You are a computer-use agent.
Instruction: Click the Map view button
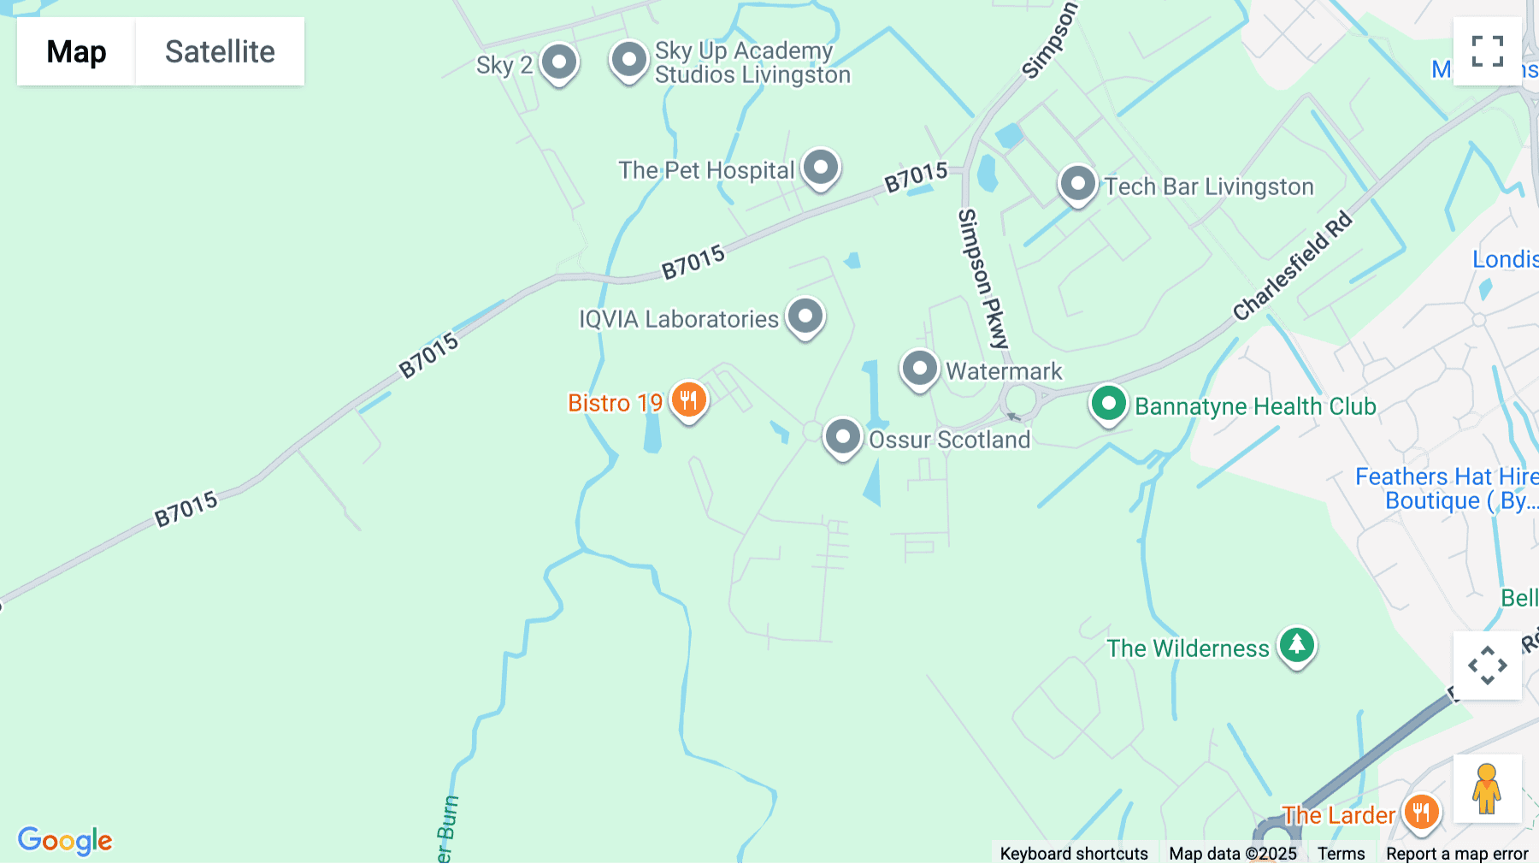coord(76,51)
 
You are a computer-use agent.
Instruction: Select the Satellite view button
coord(220,51)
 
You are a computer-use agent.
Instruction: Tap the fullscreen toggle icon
coord(1487,51)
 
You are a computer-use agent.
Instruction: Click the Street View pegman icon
coord(1487,788)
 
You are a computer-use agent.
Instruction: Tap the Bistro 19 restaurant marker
coord(688,399)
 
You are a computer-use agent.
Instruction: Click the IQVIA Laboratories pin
coord(805,316)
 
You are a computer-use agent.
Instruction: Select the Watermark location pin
coord(919,369)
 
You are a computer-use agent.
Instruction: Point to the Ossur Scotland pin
coord(842,437)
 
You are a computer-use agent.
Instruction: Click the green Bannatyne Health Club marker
coord(1108,403)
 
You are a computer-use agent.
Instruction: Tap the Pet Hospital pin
coord(821,167)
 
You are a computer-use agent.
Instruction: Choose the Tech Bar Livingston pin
coord(1077,184)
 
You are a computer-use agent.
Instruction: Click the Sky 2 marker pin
coord(559,62)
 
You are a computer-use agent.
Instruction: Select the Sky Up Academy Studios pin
coord(629,61)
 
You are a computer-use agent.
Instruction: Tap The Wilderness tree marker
coord(1296,645)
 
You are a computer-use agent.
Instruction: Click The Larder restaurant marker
coord(1421,812)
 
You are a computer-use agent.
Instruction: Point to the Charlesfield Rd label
coord(1292,266)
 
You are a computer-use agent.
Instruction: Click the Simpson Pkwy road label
coord(983,279)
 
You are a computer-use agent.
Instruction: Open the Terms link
coord(1341,853)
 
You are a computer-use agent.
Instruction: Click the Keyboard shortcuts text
coord(1073,853)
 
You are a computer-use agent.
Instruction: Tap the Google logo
coord(65,840)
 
